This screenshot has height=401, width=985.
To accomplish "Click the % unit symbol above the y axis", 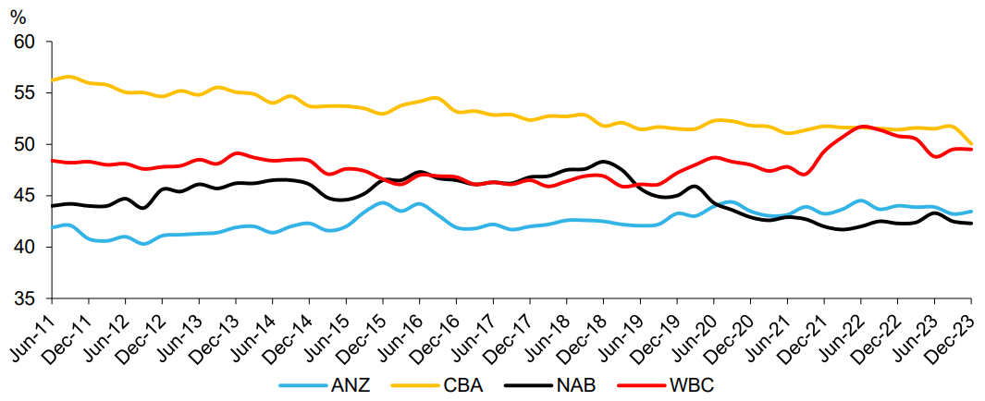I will pyautogui.click(x=17, y=16).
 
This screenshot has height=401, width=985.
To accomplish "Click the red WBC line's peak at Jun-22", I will pyautogui.click(x=861, y=127).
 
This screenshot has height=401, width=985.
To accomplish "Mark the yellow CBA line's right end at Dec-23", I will pyautogui.click(x=971, y=145).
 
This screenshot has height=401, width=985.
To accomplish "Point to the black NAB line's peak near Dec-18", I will pyautogui.click(x=604, y=162).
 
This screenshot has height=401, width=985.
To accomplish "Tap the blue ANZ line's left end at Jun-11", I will pyautogui.click(x=52, y=227).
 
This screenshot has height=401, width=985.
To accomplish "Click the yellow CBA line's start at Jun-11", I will pyautogui.click(x=52, y=80).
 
